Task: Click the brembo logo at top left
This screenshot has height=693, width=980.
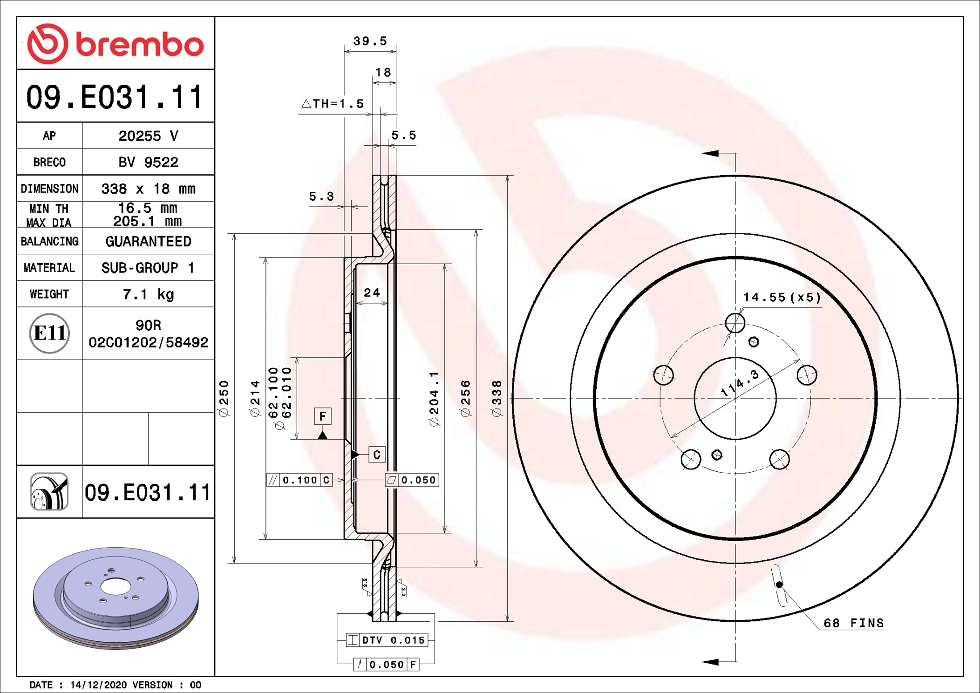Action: coord(116,44)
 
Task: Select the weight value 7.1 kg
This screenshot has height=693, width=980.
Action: coord(148,294)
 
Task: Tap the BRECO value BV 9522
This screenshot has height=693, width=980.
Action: coord(148,162)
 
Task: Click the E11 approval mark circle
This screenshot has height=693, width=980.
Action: coord(49,333)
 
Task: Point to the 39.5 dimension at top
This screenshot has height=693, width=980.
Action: coord(370,41)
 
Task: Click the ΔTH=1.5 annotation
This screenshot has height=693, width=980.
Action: coord(333,104)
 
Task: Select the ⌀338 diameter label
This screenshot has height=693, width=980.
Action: coord(497,398)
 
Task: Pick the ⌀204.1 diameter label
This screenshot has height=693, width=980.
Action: coord(434,399)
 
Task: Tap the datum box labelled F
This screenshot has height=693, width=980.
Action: coord(322,416)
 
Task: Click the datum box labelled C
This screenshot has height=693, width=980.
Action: coord(377,455)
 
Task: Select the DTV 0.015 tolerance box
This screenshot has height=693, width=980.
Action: coord(387,640)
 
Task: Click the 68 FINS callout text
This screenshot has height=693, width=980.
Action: coord(853,623)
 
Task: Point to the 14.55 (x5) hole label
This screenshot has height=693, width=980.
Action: coord(782,297)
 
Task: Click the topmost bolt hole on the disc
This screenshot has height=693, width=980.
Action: coord(735,322)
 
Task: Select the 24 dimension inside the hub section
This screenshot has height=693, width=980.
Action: coord(372,292)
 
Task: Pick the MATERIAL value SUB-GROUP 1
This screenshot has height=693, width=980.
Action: coord(148,268)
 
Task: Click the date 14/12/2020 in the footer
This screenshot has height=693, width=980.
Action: coord(98,685)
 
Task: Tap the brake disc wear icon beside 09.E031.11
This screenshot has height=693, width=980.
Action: coord(49,492)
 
